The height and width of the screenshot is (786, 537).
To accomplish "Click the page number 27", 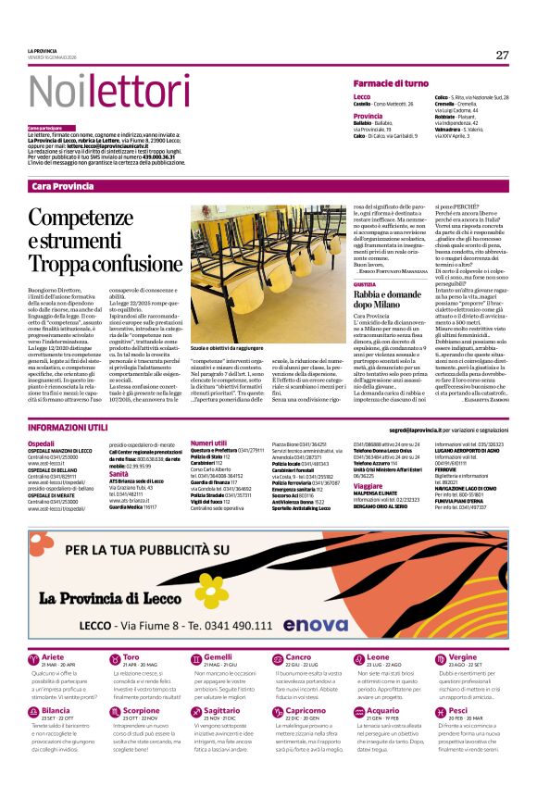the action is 502,55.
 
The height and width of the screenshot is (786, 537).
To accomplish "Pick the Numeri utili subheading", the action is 208,443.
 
